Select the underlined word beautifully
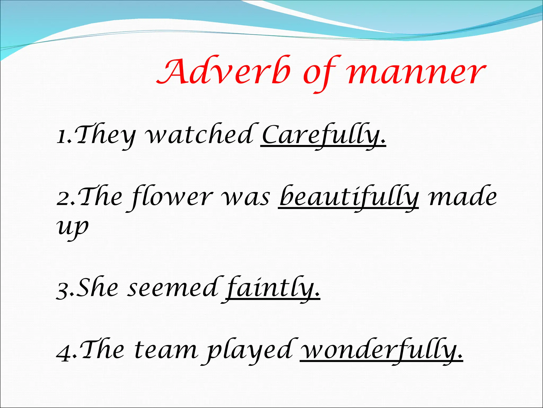click(x=349, y=197)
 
